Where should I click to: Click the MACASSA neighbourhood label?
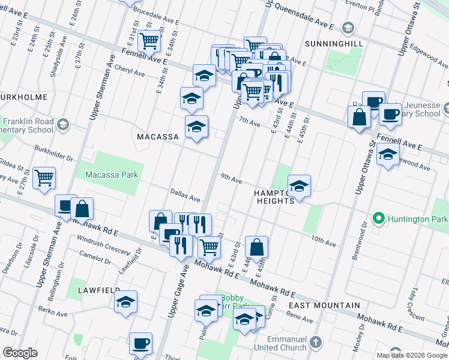158,137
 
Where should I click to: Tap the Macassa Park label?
112,175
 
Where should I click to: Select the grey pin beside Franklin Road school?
64,125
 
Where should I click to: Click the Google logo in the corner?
20,353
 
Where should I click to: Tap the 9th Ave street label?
231,179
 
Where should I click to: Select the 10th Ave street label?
323,241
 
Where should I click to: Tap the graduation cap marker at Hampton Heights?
299,187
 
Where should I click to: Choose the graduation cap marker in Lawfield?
126,302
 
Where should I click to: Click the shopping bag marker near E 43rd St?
256,247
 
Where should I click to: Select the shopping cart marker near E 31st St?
149,41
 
